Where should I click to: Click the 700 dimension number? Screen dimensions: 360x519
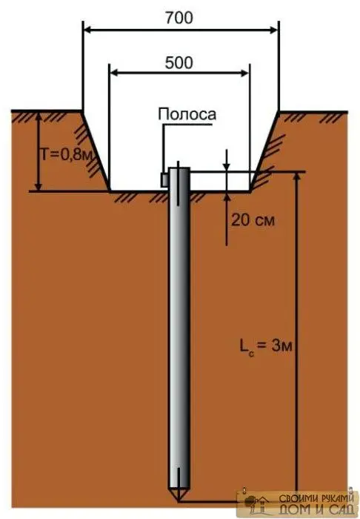pyautogui.click(x=179, y=18)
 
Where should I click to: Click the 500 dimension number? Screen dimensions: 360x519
pyautogui.click(x=179, y=62)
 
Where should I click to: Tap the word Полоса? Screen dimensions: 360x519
pyautogui.click(x=187, y=114)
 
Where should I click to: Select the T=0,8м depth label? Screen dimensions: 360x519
pyautogui.click(x=66, y=154)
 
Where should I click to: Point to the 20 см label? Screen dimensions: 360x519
pyautogui.click(x=253, y=220)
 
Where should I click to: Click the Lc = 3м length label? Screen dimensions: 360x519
pyautogui.click(x=266, y=347)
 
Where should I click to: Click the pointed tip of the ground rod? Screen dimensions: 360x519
pyautogui.click(x=179, y=500)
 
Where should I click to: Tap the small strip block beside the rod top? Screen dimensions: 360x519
pyautogui.click(x=164, y=180)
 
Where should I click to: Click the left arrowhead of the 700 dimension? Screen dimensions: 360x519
pyautogui.click(x=87, y=30)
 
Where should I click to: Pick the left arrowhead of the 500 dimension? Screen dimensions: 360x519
pyautogui.click(x=114, y=73)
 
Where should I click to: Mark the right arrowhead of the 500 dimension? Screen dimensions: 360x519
pyautogui.click(x=244, y=73)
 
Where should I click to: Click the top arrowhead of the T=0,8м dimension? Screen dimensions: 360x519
pyautogui.click(x=39, y=117)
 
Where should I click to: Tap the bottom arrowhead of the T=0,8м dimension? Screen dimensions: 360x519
pyautogui.click(x=39, y=186)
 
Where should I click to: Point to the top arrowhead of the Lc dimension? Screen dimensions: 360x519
pyautogui.click(x=296, y=176)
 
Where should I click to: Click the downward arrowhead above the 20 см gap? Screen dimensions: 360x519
pyautogui.click(x=227, y=167)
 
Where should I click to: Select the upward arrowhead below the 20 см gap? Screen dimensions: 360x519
pyautogui.click(x=227, y=197)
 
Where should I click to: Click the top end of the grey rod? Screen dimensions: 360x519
pyautogui.click(x=179, y=168)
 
